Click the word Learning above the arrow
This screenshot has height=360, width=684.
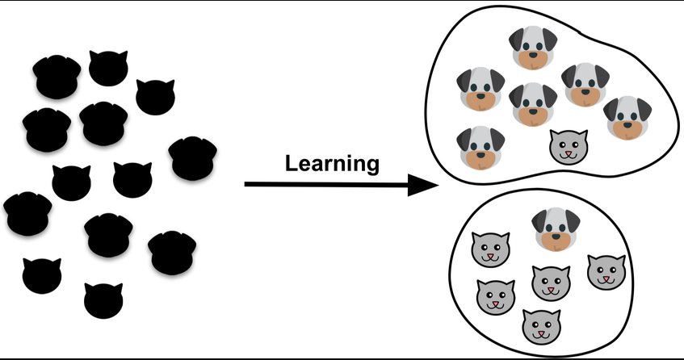pos(332,165)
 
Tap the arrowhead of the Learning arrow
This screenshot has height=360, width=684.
pos(422,185)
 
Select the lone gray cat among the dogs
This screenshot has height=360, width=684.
pos(569,148)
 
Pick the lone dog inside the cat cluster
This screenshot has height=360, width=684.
pos(556,229)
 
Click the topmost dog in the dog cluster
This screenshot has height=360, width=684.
pos(533,48)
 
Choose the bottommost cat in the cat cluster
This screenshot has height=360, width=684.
pos(541,327)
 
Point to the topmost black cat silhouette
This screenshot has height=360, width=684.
pos(108,68)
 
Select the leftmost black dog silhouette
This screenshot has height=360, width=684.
pos(27,214)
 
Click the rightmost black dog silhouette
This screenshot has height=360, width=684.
pos(192,158)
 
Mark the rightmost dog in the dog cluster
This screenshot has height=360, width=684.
pos(627,118)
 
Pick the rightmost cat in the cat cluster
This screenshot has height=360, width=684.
pos(606,272)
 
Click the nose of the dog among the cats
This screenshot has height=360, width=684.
pos(556,237)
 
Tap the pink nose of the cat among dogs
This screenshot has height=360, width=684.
pos(568,153)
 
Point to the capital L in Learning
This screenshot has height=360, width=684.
pos(292,163)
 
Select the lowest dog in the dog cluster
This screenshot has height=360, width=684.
pos(480,149)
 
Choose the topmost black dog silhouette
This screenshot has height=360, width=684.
pos(57,77)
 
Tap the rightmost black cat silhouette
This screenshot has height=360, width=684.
pos(155,97)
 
